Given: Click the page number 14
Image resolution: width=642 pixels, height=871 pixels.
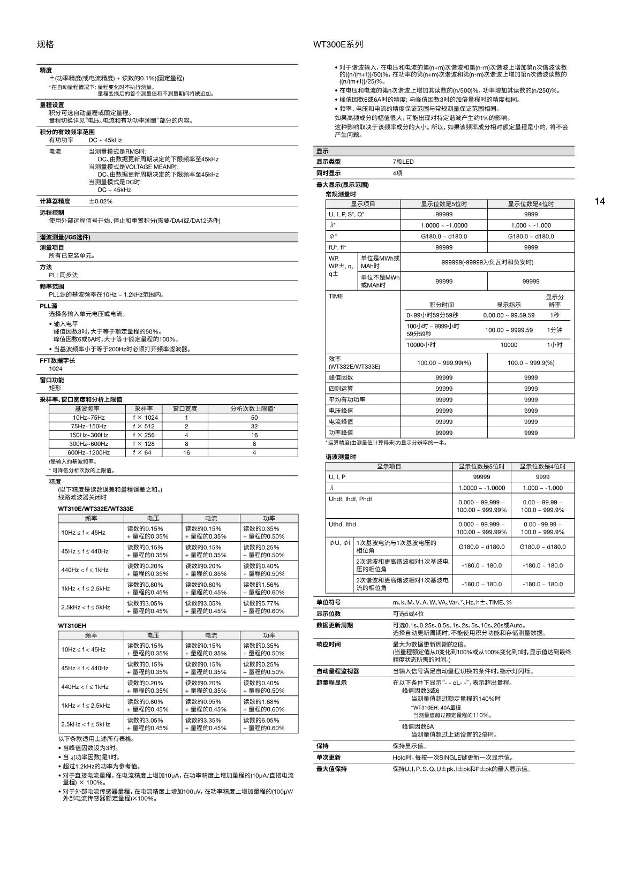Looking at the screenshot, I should click(x=600, y=201).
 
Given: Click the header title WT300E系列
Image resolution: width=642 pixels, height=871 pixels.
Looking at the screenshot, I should click(x=338, y=44).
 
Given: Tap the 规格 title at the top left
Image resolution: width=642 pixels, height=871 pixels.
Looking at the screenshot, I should click(x=46, y=44).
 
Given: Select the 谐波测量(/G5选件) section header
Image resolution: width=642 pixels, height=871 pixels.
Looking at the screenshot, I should click(x=65, y=237).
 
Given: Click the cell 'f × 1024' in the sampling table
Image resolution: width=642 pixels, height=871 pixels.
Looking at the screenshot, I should click(x=145, y=418).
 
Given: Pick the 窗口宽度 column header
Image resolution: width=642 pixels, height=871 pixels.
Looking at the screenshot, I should click(x=185, y=408).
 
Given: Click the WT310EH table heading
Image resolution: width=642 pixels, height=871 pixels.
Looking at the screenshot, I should click(x=72, y=625).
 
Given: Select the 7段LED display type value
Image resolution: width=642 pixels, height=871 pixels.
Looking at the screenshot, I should click(x=403, y=162).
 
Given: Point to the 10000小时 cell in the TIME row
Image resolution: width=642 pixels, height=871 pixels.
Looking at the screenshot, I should click(x=421, y=345).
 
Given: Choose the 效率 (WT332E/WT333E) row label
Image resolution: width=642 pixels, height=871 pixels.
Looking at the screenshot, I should click(x=354, y=362).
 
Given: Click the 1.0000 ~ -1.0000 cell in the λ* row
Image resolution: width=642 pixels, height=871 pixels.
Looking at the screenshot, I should click(x=444, y=225).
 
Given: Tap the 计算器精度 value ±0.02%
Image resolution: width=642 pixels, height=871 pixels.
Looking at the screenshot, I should click(x=101, y=201).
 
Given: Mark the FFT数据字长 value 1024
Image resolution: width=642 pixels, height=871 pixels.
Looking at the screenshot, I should click(x=56, y=369).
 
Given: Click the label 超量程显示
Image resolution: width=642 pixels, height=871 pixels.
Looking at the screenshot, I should click(x=331, y=683).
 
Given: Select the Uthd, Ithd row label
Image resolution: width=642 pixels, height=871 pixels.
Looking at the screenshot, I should click(x=342, y=524).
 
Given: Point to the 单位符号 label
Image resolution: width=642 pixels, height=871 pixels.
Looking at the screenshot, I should click(x=328, y=602).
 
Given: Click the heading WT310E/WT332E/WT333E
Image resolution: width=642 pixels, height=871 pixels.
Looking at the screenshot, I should click(x=96, y=509).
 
